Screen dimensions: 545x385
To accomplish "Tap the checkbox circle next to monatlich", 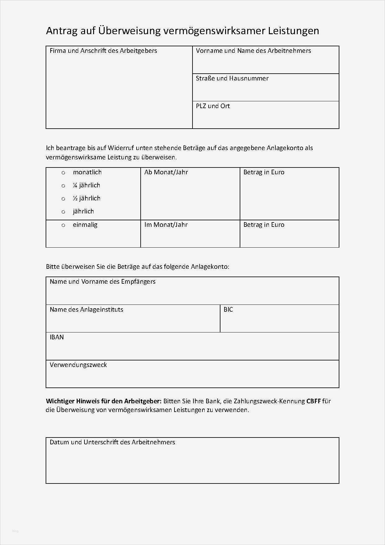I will coord(63,173).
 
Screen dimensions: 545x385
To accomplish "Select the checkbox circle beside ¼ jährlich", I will coord(63,186).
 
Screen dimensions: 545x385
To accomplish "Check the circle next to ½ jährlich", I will coord(63,199).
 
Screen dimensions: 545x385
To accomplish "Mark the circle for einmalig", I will coord(63,225).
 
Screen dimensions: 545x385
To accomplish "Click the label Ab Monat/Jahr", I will coord(166,172).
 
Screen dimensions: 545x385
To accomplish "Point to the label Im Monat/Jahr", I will coord(166,225).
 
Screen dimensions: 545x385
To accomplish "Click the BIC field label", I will coord(228,309).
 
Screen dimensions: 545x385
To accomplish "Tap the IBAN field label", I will coord(57,337).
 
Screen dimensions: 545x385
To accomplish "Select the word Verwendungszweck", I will coord(78,365).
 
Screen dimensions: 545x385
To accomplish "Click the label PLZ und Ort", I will coord(213,106).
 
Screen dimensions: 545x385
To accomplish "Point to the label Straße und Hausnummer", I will coord(232,78).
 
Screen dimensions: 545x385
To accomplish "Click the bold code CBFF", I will coord(313,401).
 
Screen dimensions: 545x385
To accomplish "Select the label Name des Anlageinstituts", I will coord(86,309).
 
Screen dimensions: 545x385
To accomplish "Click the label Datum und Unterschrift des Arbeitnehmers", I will coord(112,442).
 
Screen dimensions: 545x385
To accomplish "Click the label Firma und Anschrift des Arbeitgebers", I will coord(103,51).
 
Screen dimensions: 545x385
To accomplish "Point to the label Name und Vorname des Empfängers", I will coord(102,282).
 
